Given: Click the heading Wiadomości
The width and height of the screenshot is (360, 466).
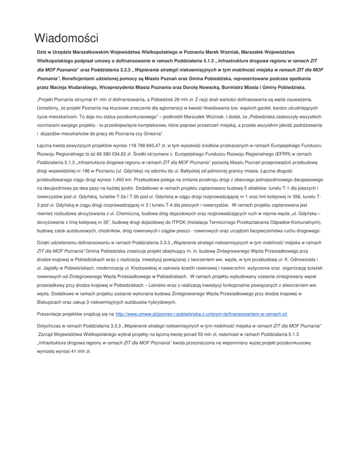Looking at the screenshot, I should (x=66, y=37).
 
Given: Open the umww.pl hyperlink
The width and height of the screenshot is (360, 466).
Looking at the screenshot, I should (x=201, y=314).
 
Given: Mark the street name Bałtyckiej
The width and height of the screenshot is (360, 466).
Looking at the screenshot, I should (x=203, y=163).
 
